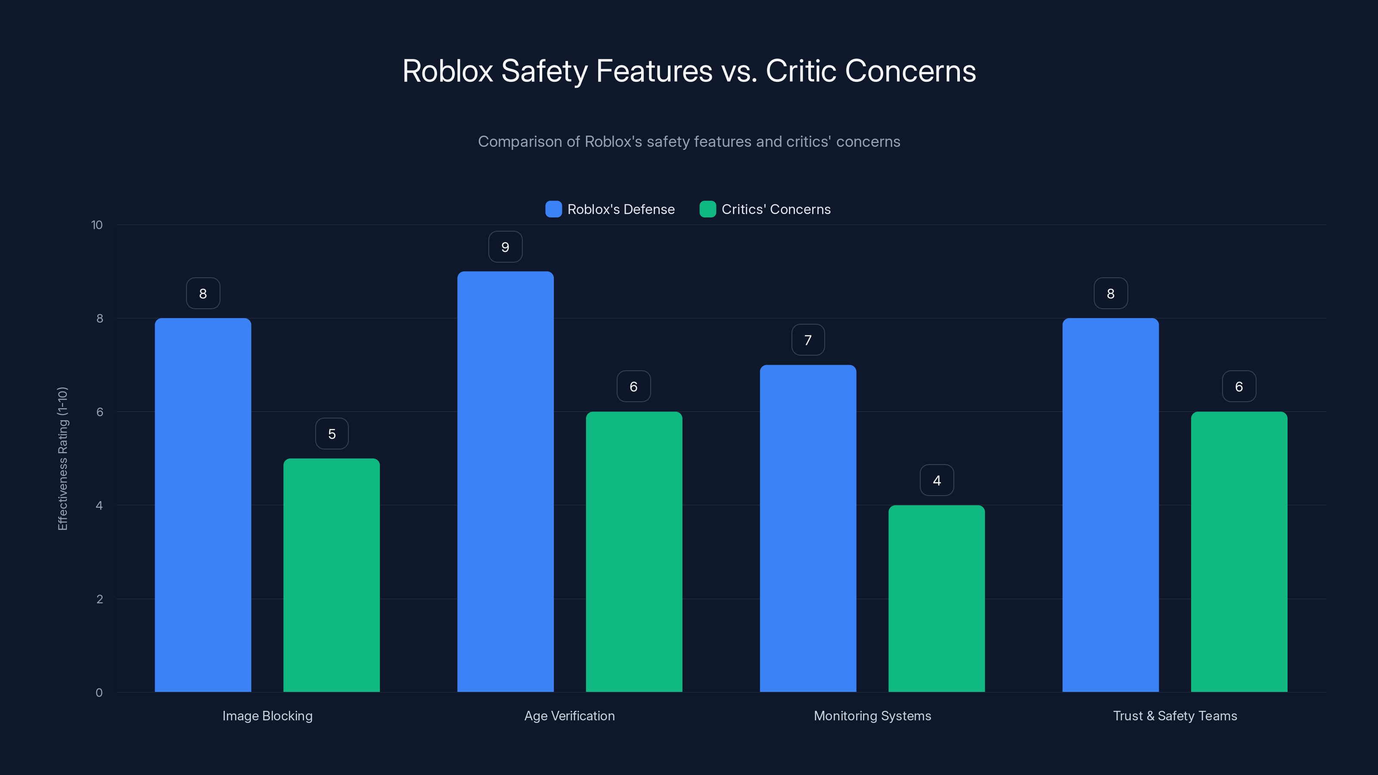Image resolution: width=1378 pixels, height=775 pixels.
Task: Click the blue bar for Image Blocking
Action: (x=203, y=505)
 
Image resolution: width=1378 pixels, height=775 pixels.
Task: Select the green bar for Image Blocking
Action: (x=331, y=575)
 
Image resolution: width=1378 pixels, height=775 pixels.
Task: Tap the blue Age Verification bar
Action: (x=505, y=481)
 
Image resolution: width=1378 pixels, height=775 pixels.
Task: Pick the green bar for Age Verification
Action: (x=634, y=552)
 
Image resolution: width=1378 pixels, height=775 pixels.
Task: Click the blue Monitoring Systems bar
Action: (x=808, y=528)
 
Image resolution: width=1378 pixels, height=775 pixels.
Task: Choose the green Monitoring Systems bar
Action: (x=936, y=598)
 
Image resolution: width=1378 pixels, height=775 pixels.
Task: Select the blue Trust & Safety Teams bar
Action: (x=1111, y=505)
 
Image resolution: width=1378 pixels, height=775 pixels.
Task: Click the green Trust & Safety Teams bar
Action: (x=1239, y=552)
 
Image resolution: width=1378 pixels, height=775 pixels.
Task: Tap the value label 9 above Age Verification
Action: (x=505, y=247)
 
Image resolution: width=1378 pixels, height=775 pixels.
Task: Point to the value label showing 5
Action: (x=332, y=434)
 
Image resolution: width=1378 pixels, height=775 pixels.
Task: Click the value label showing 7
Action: (x=808, y=340)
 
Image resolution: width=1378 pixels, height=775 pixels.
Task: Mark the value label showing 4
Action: (x=937, y=480)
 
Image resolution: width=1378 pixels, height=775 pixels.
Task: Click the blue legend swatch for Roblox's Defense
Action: (x=553, y=209)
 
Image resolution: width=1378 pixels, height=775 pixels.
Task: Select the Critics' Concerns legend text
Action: (x=776, y=209)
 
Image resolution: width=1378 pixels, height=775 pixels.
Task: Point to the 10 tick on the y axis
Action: (x=97, y=225)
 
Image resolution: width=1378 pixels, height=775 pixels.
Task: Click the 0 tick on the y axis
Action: (x=99, y=693)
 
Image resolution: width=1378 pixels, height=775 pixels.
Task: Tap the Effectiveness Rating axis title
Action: (x=62, y=459)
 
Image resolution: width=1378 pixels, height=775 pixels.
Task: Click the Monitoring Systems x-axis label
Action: (x=872, y=716)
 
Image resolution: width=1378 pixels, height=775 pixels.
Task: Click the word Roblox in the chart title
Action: (x=447, y=71)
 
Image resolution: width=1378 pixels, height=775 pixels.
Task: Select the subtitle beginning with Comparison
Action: (x=689, y=142)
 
